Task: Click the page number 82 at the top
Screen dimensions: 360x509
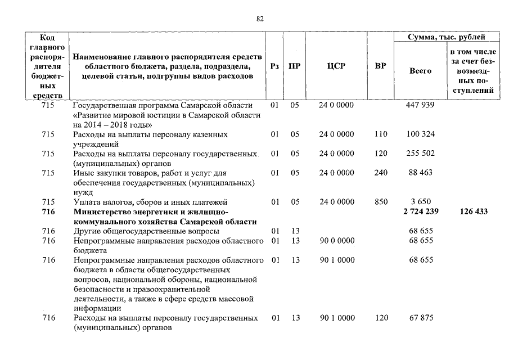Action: [260, 19]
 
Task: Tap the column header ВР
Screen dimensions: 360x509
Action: [380, 66]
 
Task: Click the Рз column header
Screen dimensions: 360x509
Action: [274, 66]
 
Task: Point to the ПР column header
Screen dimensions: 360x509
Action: [294, 66]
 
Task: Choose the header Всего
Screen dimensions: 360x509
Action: [420, 71]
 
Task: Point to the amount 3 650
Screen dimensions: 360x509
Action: [420, 201]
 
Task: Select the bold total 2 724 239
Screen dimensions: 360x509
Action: [420, 211]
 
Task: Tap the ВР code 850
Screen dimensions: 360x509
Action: [381, 201]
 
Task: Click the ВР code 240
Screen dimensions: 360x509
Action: [381, 173]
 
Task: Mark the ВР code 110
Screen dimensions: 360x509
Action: [381, 134]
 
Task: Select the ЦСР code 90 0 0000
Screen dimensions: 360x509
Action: [337, 241]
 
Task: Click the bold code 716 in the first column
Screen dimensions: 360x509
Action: [48, 211]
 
